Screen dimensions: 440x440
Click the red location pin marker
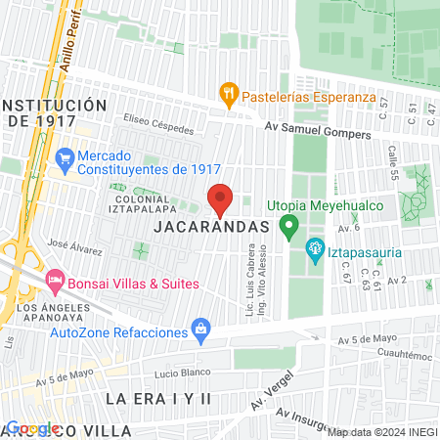pyautogui.click(x=220, y=199)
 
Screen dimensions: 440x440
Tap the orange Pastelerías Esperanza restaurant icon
pyautogui.click(x=229, y=94)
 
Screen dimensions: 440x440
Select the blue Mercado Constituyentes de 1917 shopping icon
pyautogui.click(x=66, y=156)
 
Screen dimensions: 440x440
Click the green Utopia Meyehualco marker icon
pyautogui.click(x=288, y=228)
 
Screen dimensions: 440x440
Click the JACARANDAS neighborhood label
pyautogui.click(x=212, y=227)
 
